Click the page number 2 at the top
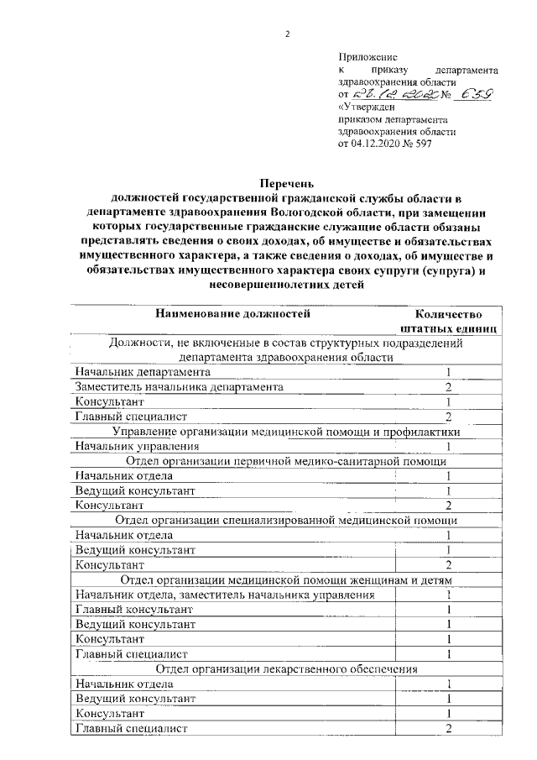click(286, 34)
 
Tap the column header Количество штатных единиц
click(449, 322)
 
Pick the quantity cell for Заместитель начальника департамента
click(449, 387)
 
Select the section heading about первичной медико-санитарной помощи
click(285, 462)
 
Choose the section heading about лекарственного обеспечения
click(285, 669)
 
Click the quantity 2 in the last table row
click(450, 728)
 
